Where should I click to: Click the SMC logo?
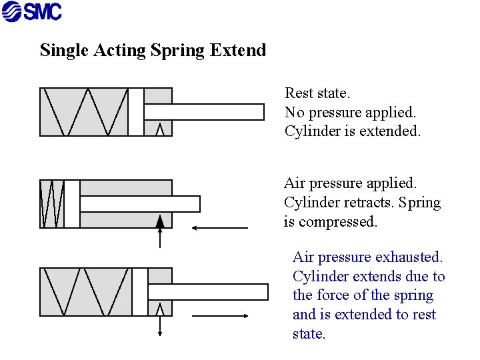(x=31, y=11)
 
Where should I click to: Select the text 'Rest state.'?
(x=317, y=93)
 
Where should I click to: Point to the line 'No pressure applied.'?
(x=350, y=112)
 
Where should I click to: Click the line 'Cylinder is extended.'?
(x=353, y=131)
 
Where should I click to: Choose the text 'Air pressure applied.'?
(x=350, y=183)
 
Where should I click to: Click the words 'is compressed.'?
(x=331, y=221)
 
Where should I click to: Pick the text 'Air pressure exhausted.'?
(x=368, y=257)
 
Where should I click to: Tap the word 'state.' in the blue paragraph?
(x=309, y=333)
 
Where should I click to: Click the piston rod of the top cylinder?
(x=204, y=112)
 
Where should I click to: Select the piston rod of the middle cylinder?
(x=139, y=204)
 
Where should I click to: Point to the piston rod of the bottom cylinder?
(x=207, y=292)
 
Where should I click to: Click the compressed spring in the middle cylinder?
(x=52, y=204)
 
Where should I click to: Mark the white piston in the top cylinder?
(x=136, y=112)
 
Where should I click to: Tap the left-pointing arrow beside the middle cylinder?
(x=219, y=228)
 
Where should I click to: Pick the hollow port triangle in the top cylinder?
(x=160, y=129)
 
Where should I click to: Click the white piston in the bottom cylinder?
(x=139, y=292)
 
